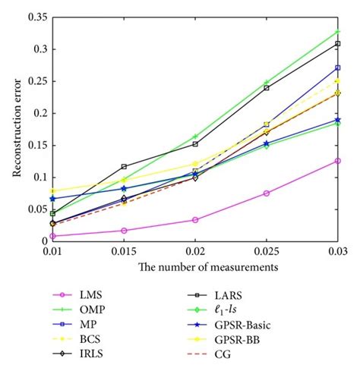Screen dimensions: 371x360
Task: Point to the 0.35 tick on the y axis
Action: pyautogui.click(x=36, y=17)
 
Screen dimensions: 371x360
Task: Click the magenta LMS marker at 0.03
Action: pyautogui.click(x=337, y=161)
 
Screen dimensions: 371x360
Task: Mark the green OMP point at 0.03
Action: pyautogui.click(x=337, y=32)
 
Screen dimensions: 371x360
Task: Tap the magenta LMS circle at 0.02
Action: pyautogui.click(x=195, y=220)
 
